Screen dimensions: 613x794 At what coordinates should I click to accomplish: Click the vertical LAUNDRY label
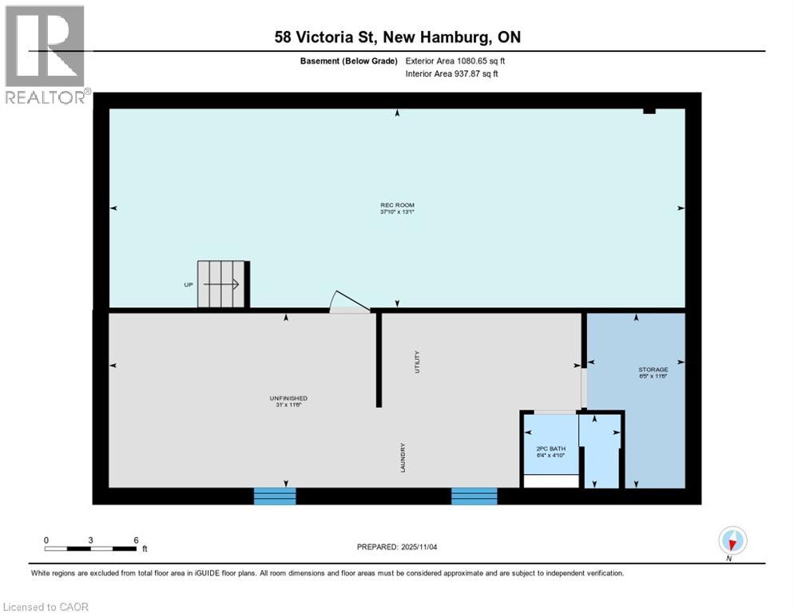click(403, 458)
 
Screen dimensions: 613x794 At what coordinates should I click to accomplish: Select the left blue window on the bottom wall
click(275, 496)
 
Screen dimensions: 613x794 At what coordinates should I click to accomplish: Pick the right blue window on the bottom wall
click(474, 496)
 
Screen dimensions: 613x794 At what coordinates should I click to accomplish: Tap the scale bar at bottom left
click(89, 548)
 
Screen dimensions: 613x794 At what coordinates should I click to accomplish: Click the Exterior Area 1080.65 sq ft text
click(456, 61)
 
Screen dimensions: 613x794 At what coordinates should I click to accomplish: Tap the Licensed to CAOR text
click(46, 607)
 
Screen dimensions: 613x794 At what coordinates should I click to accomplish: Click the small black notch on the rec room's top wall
click(649, 111)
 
